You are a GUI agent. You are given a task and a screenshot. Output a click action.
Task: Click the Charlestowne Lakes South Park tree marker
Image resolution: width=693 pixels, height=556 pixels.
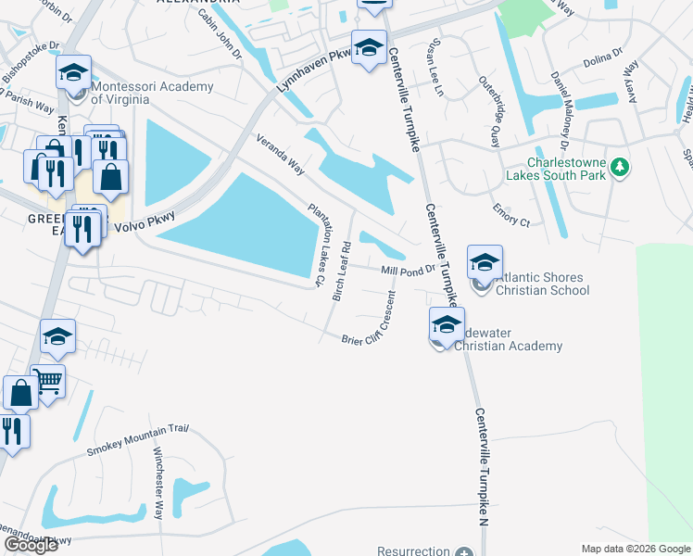(x=620, y=168)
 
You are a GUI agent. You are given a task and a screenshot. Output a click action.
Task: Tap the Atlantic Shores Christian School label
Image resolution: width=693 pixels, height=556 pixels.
(x=542, y=284)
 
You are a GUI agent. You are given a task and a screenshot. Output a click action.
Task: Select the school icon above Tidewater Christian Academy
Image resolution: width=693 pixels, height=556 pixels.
(x=446, y=325)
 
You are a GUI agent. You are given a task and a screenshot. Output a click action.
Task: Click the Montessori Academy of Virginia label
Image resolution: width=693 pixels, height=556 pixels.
(x=152, y=93)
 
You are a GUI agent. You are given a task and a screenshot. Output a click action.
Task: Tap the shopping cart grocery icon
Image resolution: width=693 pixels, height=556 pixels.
(x=47, y=380)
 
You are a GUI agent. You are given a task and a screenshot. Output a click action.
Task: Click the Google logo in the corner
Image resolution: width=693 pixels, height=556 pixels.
(x=31, y=544)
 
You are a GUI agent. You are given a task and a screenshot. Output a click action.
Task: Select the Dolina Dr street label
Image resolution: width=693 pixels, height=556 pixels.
(x=602, y=59)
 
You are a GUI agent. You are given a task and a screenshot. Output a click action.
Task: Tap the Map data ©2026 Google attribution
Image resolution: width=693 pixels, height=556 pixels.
(x=636, y=549)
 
